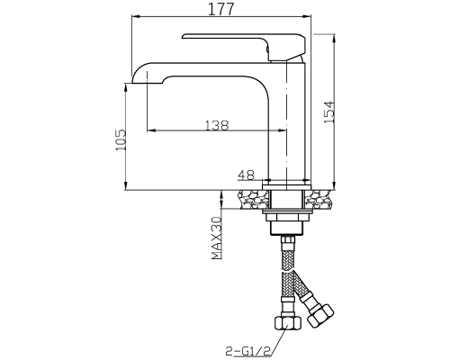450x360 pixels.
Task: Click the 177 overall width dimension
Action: point(220,9)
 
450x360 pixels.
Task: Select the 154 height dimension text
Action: point(329,112)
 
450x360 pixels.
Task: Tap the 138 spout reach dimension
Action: point(217,125)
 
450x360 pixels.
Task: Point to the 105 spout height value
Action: point(121,140)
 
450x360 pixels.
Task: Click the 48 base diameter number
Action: point(246,175)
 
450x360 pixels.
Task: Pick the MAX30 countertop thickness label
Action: point(217,238)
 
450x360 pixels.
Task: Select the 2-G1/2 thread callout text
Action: point(248,350)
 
